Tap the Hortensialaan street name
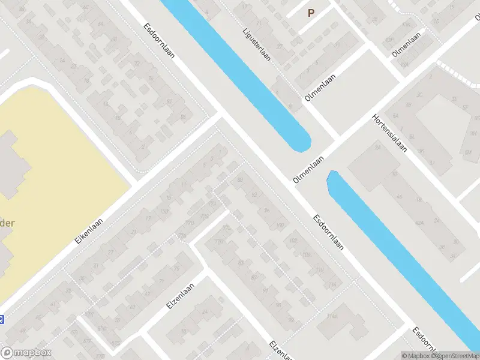389,134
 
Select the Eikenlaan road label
89,230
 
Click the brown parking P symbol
311,13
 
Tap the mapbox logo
26,353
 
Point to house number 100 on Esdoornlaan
280,226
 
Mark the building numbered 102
293,241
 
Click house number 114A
332,316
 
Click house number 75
176,269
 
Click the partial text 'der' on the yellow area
6,223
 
